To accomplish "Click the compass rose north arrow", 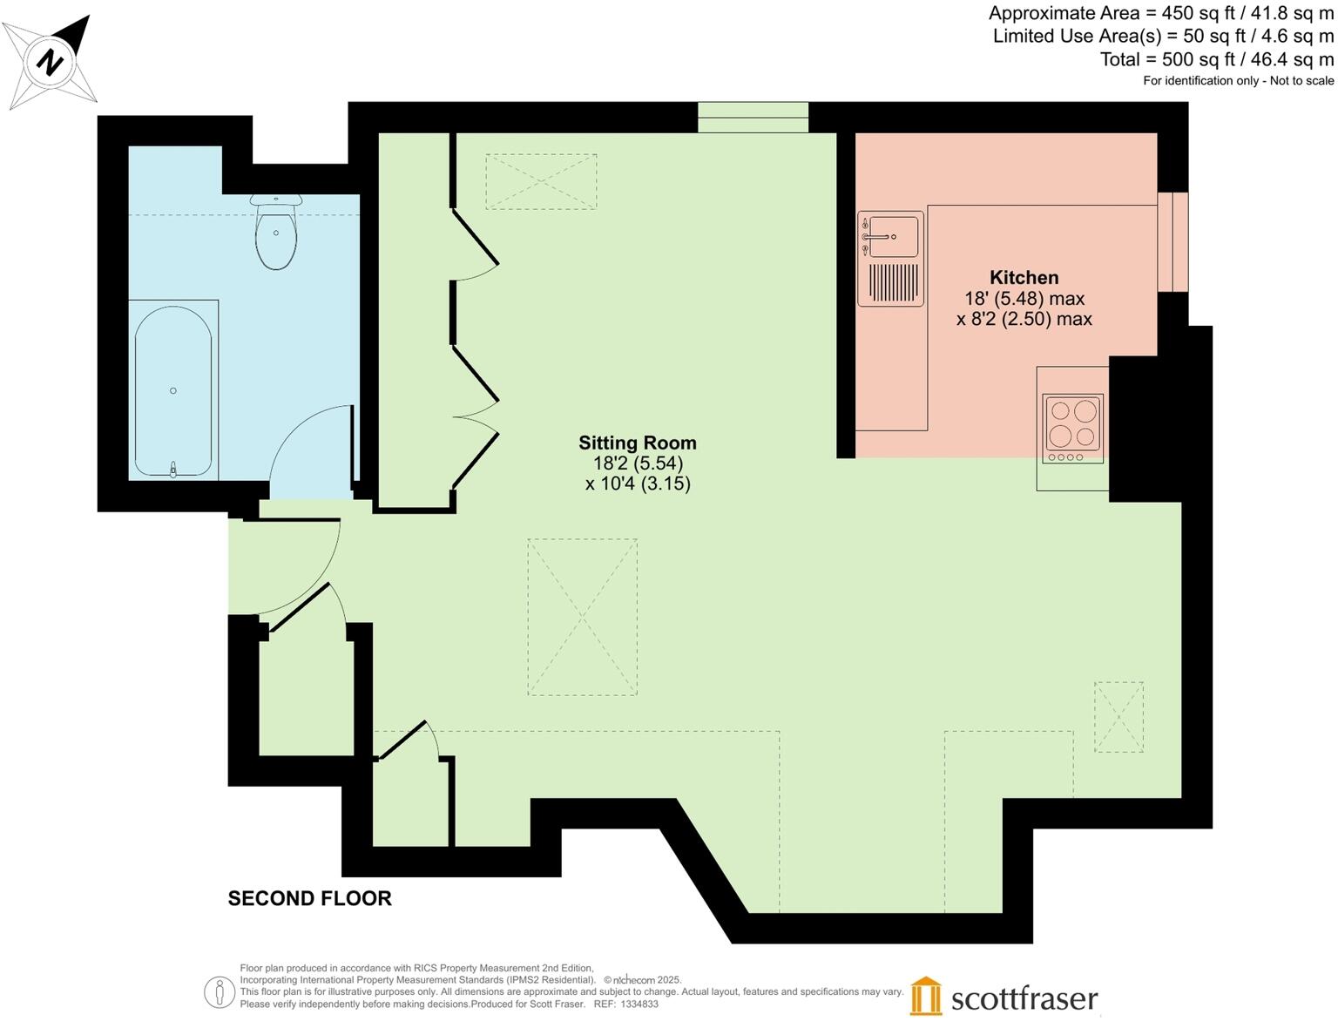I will pos(52,61).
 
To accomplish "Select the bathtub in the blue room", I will pos(173,390).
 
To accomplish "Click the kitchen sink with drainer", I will pos(890,259).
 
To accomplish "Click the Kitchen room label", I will pos(1024,278).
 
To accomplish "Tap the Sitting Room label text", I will pos(638,443).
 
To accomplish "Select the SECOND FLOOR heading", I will pos(309,898).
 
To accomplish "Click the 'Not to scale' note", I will pos(1301,81).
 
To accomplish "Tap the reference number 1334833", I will pos(639,1004).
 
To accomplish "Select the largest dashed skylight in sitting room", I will pos(582,617).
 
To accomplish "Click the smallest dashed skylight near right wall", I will pos(1118,716).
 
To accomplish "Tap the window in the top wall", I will pos(753,118).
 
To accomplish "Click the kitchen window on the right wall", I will pos(1172,241).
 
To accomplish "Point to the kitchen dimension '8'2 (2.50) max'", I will pos(1024,319).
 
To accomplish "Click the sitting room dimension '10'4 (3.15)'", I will pos(638,484).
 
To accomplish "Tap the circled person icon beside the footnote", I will pos(220,991).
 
